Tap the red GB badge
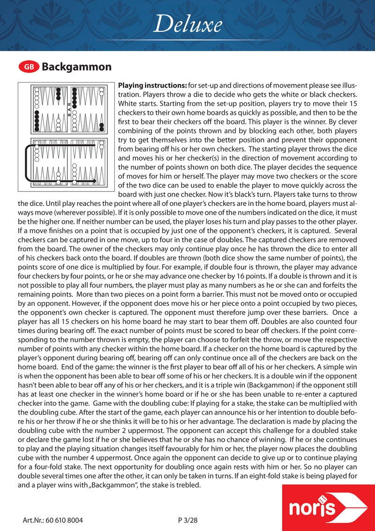point(29,67)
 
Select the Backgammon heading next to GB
point(76,67)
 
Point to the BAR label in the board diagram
point(69,109)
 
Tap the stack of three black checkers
point(58,94)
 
